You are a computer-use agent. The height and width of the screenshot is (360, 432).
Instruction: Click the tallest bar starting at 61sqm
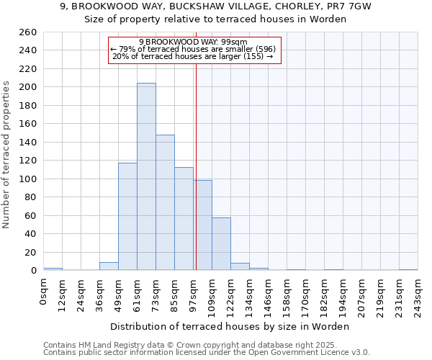click(x=146, y=176)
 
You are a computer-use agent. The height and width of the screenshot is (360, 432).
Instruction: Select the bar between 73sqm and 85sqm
click(x=165, y=202)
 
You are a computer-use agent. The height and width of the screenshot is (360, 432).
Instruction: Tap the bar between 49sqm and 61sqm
click(x=127, y=216)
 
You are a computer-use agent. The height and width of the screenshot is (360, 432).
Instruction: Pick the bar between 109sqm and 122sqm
click(x=221, y=243)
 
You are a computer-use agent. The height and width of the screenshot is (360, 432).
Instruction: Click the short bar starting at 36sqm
click(x=109, y=266)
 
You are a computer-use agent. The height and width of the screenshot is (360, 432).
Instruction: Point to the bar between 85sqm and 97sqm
click(x=184, y=219)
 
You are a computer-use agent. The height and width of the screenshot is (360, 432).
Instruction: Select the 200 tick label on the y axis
click(x=28, y=87)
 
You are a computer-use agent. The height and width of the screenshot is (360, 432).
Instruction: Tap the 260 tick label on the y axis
click(x=28, y=32)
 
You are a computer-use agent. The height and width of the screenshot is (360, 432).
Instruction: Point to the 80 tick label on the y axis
click(x=30, y=197)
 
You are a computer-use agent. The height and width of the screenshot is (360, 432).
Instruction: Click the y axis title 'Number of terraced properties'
click(x=6, y=154)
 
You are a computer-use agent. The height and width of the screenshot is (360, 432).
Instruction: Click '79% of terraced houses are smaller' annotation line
click(x=193, y=49)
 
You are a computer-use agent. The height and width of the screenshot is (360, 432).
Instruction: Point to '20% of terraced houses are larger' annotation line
click(x=193, y=56)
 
